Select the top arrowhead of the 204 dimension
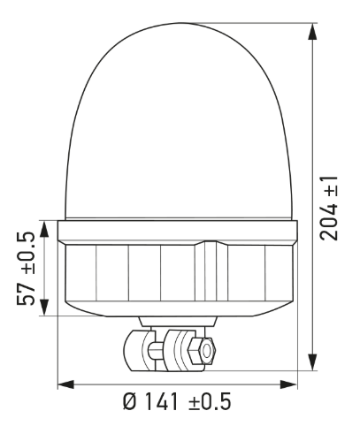click(x=311, y=28)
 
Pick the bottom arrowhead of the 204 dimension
click(x=311, y=363)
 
